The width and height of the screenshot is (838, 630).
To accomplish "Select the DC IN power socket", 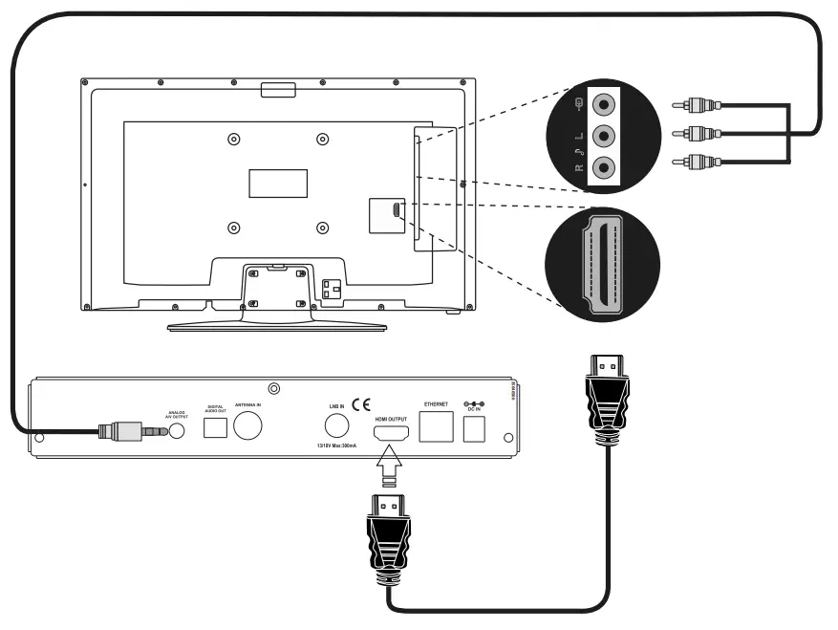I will [472, 431].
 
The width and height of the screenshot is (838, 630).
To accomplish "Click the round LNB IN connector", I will [337, 427].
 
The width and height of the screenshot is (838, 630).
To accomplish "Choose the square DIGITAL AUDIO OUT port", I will [215, 429].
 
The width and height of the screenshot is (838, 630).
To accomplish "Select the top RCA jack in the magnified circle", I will [603, 103].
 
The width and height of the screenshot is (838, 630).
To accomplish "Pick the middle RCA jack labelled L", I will [603, 135].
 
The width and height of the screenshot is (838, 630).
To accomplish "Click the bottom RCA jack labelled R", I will [603, 167].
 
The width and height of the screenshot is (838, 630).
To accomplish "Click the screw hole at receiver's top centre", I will [275, 388].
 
